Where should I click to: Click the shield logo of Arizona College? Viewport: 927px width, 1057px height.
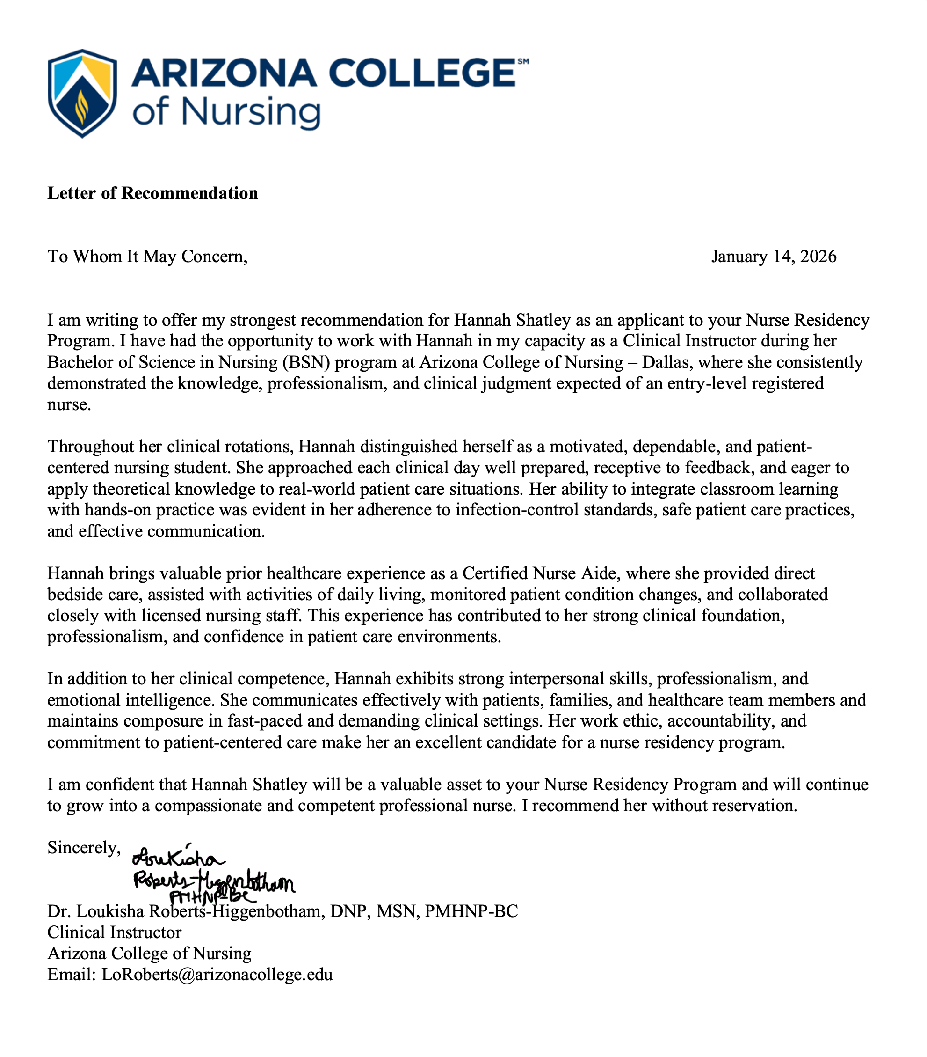pyautogui.click(x=82, y=93)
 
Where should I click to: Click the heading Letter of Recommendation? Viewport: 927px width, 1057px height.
pyautogui.click(x=152, y=193)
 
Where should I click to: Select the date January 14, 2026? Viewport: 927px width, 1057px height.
pyautogui.click(x=774, y=257)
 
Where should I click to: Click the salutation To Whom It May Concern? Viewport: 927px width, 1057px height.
pyautogui.click(x=147, y=257)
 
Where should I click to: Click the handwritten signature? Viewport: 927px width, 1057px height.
pyautogui.click(x=212, y=874)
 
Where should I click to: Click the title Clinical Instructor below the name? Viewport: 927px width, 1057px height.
pyautogui.click(x=114, y=932)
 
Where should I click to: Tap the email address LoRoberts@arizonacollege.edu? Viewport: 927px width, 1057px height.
pyautogui.click(x=217, y=975)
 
